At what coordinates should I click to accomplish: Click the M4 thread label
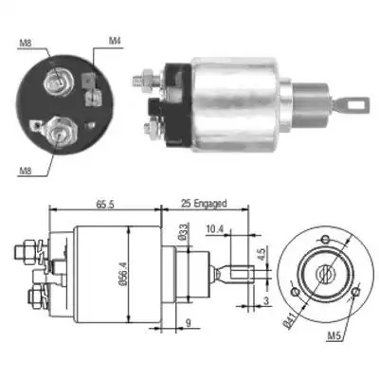pyautogui.click(x=116, y=41)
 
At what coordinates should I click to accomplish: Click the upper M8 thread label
pyautogui.click(x=25, y=43)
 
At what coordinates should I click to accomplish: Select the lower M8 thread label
pyautogui.click(x=26, y=171)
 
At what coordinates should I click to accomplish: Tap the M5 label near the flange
pyautogui.click(x=334, y=337)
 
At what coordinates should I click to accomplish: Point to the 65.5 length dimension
pyautogui.click(x=104, y=205)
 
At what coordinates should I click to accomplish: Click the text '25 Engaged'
pyautogui.click(x=204, y=204)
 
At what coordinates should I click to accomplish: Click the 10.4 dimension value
pyautogui.click(x=215, y=229)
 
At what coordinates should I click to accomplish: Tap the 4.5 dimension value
pyautogui.click(x=262, y=253)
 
